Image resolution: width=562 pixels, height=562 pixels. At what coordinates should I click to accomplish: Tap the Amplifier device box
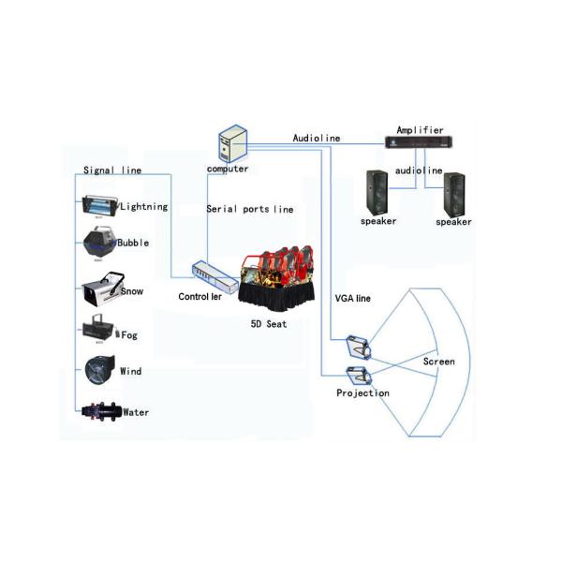419,142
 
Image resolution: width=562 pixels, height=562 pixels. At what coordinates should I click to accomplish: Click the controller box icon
213,274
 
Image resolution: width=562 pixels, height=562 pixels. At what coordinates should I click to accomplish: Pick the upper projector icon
358,346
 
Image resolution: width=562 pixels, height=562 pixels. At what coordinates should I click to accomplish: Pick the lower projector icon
359,377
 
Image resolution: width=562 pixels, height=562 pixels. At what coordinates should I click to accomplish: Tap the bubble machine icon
98,243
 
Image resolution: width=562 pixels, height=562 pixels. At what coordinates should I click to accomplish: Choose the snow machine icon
100,291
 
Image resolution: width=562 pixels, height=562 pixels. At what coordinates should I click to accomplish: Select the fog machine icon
98,331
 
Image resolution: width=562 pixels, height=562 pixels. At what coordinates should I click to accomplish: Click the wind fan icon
99,371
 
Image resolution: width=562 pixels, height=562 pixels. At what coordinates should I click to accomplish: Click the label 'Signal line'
112,170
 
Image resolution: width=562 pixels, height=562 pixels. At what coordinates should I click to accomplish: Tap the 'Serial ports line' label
249,209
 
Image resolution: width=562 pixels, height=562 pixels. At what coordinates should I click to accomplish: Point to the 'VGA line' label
353,298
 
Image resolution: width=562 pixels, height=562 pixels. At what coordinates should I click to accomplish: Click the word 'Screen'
438,361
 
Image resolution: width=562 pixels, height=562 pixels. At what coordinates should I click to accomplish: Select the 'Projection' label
362,393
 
